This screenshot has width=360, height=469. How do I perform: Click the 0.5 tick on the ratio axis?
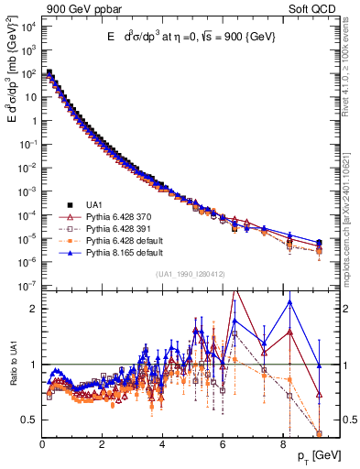(x=29, y=420)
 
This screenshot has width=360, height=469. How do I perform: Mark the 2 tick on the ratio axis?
(x=34, y=310)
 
